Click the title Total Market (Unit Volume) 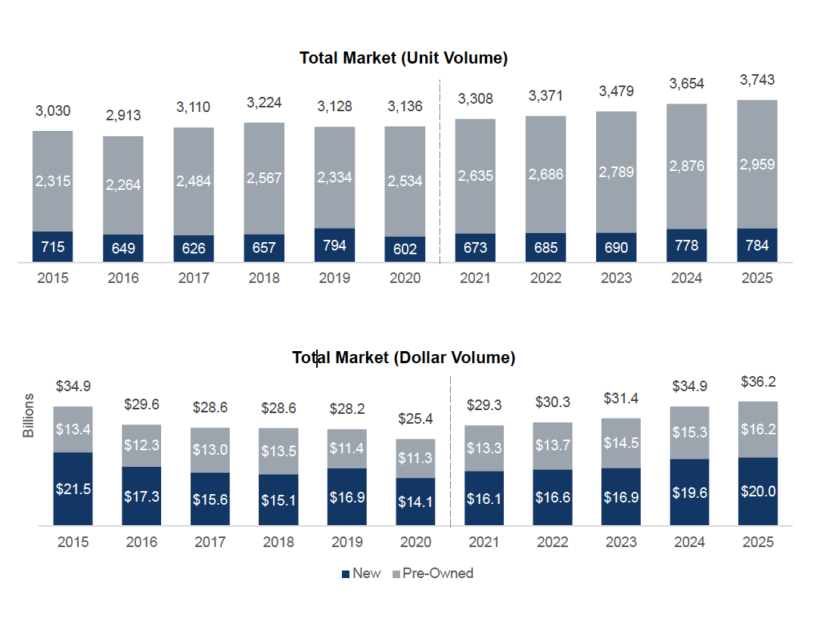point(403,58)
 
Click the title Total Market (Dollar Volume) point(404,358)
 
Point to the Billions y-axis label point(29,415)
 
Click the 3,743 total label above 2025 point(757,80)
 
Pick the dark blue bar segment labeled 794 point(334,245)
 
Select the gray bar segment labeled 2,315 point(53,182)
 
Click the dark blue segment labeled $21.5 point(73,489)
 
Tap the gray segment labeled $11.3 point(415,458)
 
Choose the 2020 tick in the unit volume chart point(405,278)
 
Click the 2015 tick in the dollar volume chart point(73,543)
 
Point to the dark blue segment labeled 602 point(405,249)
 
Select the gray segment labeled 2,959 point(757,164)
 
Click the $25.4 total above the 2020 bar point(415,418)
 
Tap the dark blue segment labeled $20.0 point(758,491)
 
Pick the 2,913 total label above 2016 point(123,116)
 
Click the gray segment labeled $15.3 point(690,432)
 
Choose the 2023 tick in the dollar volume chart point(621,543)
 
